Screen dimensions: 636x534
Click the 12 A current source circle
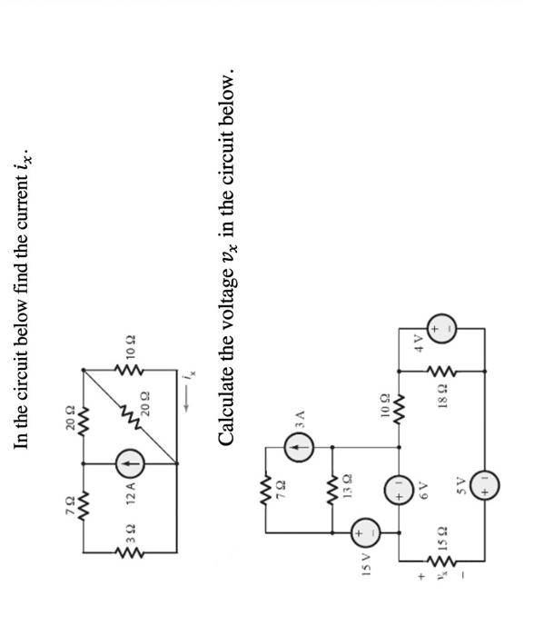coord(128,465)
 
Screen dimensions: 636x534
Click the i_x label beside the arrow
coord(189,373)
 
